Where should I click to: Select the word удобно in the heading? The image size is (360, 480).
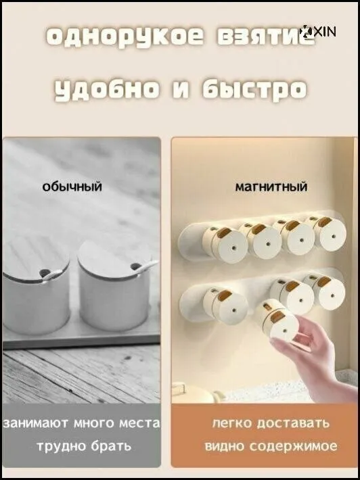(107, 89)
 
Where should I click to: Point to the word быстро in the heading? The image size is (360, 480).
(254, 89)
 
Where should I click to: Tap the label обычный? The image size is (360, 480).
(72, 186)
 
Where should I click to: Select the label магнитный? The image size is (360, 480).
(271, 187)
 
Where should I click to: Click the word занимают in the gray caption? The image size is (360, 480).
(36, 423)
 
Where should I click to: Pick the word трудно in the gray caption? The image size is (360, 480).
(62, 446)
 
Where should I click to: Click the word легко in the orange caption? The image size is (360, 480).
(232, 423)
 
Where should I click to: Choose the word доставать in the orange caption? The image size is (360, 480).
(293, 423)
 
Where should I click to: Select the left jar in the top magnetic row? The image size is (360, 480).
(225, 245)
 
